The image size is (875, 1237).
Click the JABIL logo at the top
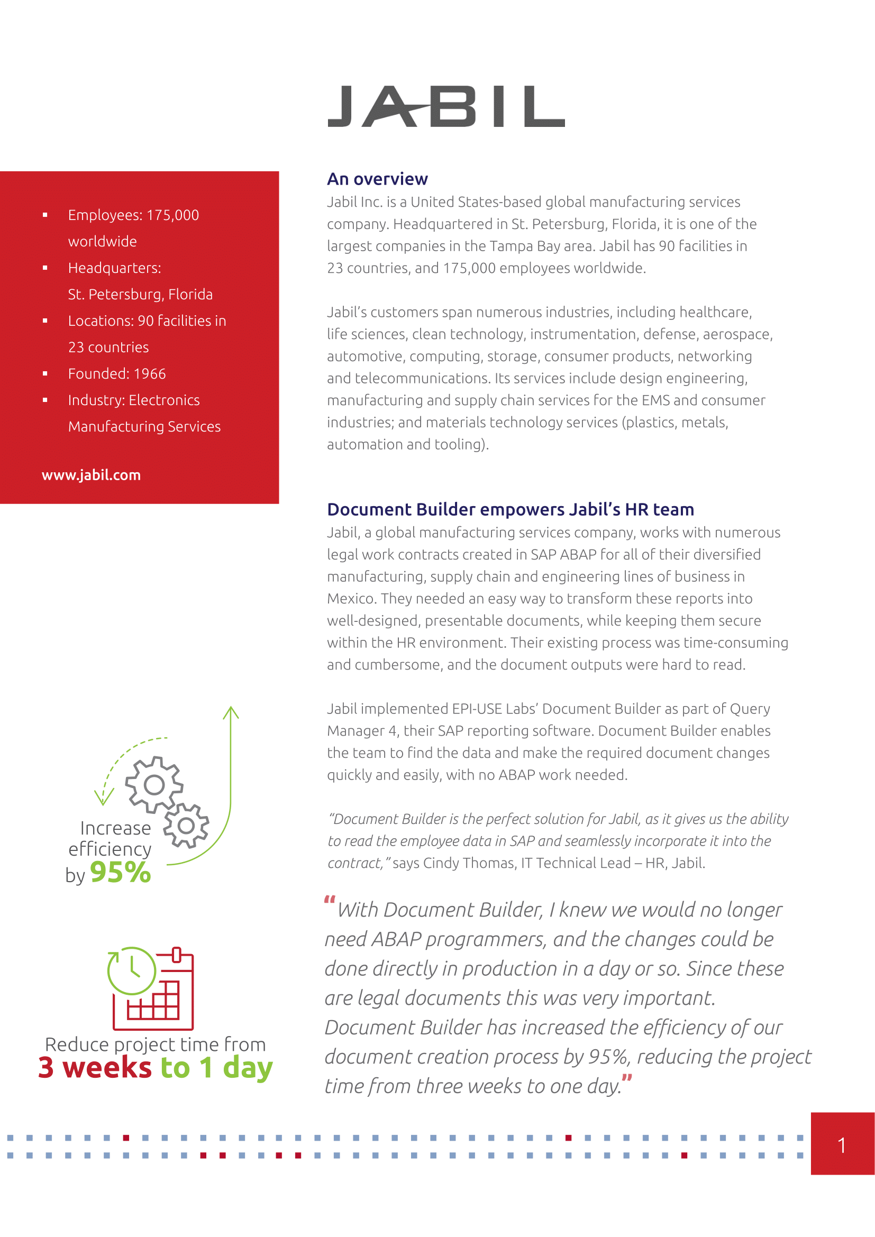tap(446, 106)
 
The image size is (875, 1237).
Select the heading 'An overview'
tap(377, 179)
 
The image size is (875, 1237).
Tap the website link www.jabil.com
tap(91, 475)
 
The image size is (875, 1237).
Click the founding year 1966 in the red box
tap(149, 374)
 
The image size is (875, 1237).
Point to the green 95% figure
tap(120, 872)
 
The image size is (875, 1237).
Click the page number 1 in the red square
tap(842, 1145)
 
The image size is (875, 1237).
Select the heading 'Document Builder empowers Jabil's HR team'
tap(510, 509)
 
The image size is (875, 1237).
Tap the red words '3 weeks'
tap(95, 1067)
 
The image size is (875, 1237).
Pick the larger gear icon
tap(153, 785)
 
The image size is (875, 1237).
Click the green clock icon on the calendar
tap(132, 970)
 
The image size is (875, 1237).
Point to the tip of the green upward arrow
tap(231, 708)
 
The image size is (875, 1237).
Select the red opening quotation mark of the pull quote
tap(330, 900)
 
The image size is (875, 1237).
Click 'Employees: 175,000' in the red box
tap(133, 215)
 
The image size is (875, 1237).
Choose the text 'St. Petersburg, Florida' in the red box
tap(140, 294)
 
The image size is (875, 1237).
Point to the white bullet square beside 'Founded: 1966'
tap(45, 373)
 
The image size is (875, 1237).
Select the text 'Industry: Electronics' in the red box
tap(134, 400)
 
